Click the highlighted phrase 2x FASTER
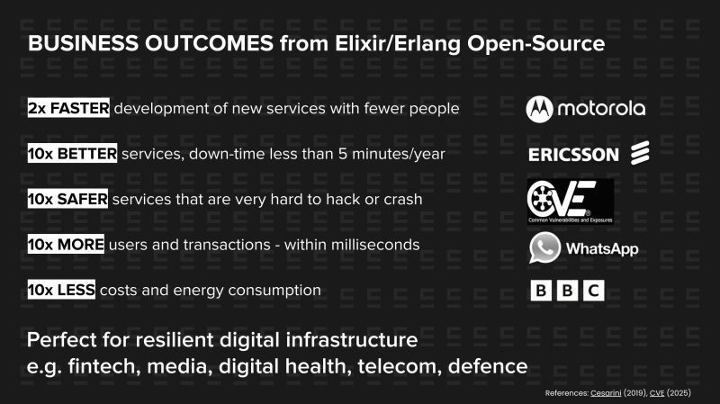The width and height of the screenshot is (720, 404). tap(68, 108)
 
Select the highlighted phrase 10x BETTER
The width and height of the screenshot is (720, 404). tap(72, 154)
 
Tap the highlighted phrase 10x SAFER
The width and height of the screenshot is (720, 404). tap(68, 199)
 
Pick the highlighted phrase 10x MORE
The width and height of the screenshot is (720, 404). tap(66, 245)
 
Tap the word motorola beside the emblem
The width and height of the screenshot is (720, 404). tap(600, 109)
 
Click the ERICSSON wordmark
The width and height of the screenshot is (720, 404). tap(573, 155)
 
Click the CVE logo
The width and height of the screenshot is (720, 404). tap(570, 201)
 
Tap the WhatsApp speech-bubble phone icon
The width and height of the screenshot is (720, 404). tap(544, 247)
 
